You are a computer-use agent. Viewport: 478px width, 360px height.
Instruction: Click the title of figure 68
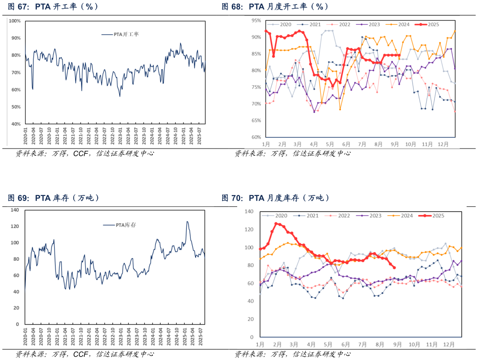tap(275, 7)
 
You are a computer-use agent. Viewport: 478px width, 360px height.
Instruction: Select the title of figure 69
tap(53, 198)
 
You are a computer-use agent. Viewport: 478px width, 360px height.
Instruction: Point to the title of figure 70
tap(275, 198)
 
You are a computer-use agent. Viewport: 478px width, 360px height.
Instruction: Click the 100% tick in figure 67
tap(15, 21)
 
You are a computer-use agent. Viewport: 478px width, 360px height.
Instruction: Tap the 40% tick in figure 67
tap(16, 124)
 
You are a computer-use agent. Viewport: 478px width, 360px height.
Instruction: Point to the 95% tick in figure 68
tap(255, 21)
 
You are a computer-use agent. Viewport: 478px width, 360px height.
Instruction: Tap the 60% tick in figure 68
tap(255, 137)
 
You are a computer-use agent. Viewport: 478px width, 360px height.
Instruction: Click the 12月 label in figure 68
tap(443, 144)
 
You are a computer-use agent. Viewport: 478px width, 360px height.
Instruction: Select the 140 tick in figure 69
tap(15, 210)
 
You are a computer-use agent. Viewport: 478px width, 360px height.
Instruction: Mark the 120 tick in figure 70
tap(249, 229)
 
